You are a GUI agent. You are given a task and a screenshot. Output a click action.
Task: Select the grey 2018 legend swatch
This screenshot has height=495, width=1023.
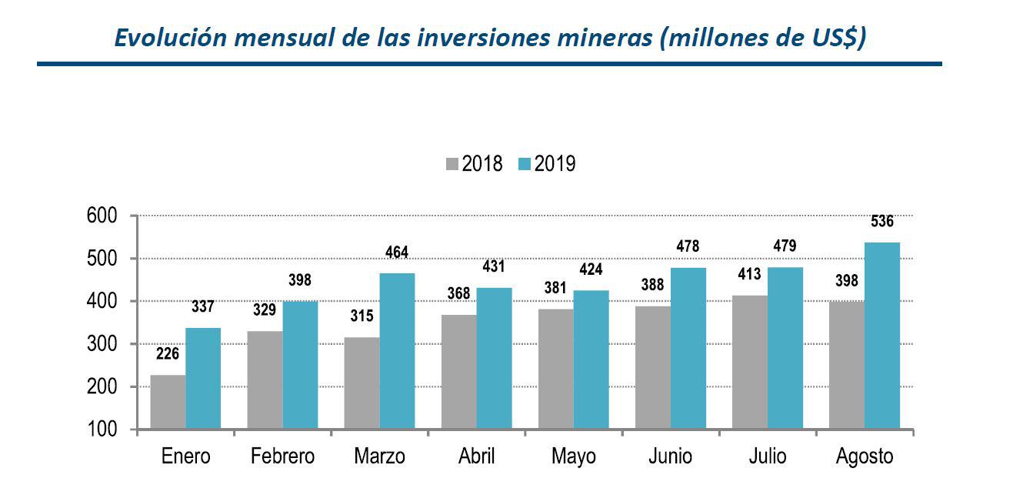[452, 164]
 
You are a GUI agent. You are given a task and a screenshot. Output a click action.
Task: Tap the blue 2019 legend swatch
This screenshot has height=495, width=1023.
[525, 164]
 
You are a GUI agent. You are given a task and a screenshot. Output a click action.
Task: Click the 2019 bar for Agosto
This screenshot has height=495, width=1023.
[882, 336]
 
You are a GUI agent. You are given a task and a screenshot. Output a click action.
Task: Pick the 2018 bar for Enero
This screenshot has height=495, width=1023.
[168, 402]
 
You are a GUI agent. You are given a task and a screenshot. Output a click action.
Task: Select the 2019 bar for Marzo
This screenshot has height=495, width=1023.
[397, 351]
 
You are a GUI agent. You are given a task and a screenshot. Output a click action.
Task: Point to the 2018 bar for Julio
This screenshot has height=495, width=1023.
[749, 362]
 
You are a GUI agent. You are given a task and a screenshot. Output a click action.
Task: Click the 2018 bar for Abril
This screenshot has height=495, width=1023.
[458, 371]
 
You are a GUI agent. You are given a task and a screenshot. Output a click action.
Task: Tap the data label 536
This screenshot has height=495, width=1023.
[882, 222]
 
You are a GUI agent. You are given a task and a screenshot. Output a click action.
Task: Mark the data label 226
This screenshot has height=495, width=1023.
[168, 355]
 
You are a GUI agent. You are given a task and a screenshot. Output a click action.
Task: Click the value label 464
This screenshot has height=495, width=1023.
[397, 252]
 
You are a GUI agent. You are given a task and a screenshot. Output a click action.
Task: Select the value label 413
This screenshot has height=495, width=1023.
[749, 273]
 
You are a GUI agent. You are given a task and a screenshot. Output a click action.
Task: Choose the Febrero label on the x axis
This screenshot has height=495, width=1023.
[282, 457]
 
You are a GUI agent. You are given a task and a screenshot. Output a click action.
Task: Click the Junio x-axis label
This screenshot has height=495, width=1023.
[670, 457]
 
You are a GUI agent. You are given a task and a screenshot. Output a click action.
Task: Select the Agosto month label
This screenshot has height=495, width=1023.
[865, 457]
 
